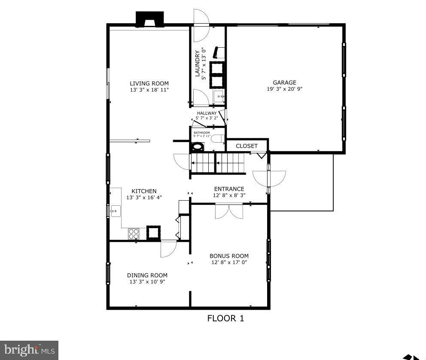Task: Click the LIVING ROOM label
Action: pos(149,83)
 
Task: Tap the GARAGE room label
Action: pos(284,82)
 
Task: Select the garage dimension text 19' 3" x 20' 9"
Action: pos(284,89)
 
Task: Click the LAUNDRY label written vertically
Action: pos(198,64)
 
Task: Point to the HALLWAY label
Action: pos(207,113)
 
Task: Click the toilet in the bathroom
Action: pos(218,138)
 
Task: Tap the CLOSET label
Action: pos(246,146)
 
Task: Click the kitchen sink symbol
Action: pos(115,211)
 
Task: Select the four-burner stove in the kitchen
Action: pos(134,233)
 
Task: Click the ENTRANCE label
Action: pos(229,189)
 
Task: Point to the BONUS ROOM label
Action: pos(229,256)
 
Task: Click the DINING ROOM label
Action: pos(147,275)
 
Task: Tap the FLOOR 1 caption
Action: pos(225,318)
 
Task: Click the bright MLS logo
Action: pos(29,350)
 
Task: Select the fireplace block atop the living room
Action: pos(149,19)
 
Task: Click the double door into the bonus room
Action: pos(229,211)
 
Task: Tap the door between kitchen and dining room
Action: pos(168,248)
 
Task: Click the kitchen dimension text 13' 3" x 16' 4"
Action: pos(144,198)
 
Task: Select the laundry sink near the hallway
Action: pos(219,97)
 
